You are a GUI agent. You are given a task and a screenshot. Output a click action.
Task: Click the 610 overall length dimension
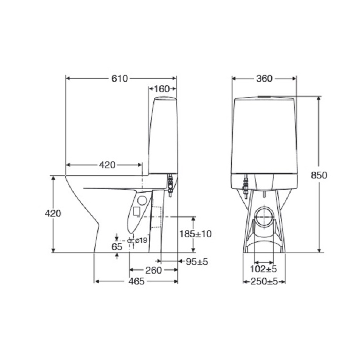(119, 79)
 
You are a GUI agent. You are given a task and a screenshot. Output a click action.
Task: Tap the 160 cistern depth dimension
(162, 89)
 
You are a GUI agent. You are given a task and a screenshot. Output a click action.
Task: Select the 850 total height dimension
(319, 175)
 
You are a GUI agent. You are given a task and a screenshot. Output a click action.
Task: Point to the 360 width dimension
(264, 79)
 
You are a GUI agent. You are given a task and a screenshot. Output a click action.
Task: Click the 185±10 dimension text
(195, 234)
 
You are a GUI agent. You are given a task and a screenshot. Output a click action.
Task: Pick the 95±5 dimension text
(197, 261)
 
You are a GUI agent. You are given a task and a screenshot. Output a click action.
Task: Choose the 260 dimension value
(153, 271)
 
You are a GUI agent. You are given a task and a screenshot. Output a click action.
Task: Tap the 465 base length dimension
(136, 281)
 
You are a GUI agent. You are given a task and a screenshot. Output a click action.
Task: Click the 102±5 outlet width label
(263, 269)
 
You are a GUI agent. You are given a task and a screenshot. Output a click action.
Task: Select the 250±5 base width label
(264, 281)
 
